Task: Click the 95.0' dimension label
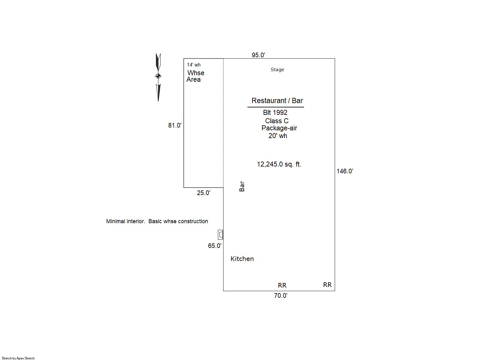(258, 55)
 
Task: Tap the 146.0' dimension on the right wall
(345, 171)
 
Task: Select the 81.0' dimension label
(175, 125)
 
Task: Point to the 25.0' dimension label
(204, 193)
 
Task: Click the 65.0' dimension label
(215, 246)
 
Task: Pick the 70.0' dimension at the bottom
(281, 296)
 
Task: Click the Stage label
(277, 70)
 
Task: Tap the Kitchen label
(242, 258)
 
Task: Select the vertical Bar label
(242, 186)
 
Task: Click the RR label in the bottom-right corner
(327, 285)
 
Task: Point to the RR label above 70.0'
(282, 285)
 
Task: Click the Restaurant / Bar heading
(277, 101)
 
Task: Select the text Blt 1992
(275, 113)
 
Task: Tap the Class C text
(277, 121)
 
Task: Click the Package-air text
(279, 128)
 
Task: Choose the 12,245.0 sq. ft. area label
(279, 164)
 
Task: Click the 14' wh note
(194, 65)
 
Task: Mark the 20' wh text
(278, 136)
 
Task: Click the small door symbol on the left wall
(221, 235)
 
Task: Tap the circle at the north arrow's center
(158, 76)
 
